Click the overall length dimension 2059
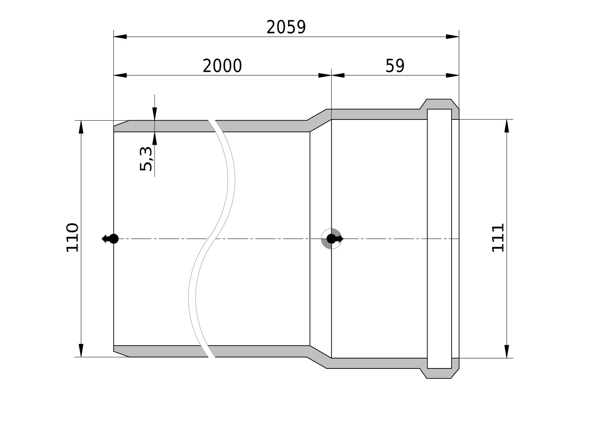coord(286,27)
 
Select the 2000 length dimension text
coord(222,66)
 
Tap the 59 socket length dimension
coord(395,66)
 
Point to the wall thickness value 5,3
coord(146,159)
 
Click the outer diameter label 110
coord(72,237)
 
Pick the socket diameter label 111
coord(498,238)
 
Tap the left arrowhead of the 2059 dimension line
coord(120,37)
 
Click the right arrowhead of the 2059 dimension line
coord(453,37)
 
